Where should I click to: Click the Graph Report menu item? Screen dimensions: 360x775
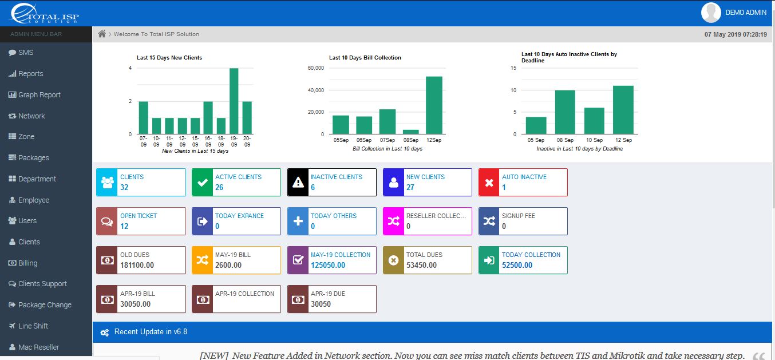click(x=39, y=95)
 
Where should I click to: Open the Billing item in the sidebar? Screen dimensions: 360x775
click(x=27, y=263)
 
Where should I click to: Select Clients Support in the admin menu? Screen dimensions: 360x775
click(x=42, y=284)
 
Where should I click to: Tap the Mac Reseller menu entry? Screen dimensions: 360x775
click(x=38, y=347)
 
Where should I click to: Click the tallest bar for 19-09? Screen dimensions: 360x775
click(x=234, y=101)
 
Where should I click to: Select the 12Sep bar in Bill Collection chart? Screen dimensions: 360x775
click(x=434, y=105)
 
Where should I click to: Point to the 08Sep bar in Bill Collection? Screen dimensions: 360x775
click(x=411, y=132)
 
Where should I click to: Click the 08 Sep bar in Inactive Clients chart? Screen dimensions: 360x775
click(x=565, y=112)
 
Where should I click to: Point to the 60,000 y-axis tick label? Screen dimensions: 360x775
click(x=316, y=68)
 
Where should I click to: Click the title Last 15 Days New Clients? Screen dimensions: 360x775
click(x=169, y=58)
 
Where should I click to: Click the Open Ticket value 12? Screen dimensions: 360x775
click(x=124, y=226)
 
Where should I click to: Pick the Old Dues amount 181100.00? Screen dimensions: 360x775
click(x=137, y=265)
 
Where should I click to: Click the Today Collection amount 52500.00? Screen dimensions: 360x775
click(x=517, y=265)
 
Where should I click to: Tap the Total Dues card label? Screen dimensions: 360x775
click(x=424, y=255)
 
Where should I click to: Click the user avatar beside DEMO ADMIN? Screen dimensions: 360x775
click(x=711, y=13)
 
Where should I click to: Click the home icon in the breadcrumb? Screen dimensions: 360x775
click(x=102, y=34)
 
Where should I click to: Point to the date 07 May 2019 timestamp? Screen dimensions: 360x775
click(x=735, y=34)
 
